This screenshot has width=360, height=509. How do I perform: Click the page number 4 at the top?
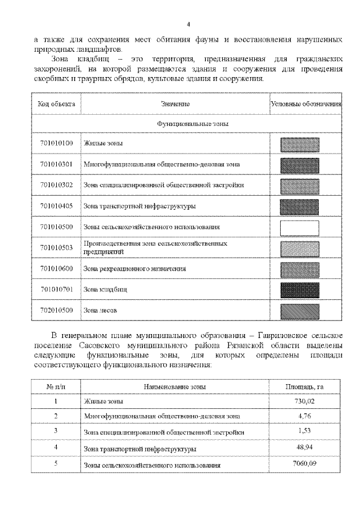point(188,24)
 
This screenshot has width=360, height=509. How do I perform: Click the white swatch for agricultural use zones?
point(299,227)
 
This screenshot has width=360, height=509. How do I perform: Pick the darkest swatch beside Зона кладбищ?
point(299,290)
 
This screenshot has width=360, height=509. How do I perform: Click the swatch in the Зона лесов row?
point(299,310)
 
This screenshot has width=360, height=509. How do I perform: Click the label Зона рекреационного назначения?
point(134,269)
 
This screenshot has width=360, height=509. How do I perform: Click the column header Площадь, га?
point(304,386)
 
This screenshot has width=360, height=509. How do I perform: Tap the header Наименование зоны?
point(175,386)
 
